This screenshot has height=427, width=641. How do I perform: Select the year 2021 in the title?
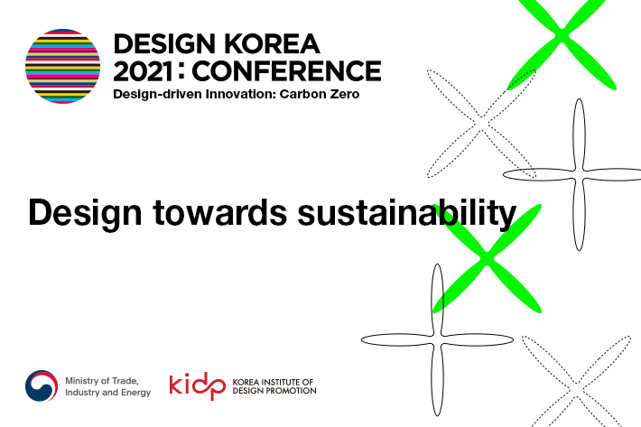click(147, 70)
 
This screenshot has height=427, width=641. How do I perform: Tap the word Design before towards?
click(81, 213)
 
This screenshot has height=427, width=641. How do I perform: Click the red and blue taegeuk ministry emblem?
click(42, 386)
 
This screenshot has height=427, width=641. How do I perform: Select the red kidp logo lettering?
click(197, 386)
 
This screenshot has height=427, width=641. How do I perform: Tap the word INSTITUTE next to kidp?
click(283, 381)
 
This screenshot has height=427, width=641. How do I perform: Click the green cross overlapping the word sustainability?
click(487, 259)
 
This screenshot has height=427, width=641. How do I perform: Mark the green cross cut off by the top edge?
click(562, 36)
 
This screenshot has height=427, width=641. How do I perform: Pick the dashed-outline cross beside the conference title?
click(483, 121)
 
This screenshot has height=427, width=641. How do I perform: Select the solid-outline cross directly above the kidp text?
click(438, 339)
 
